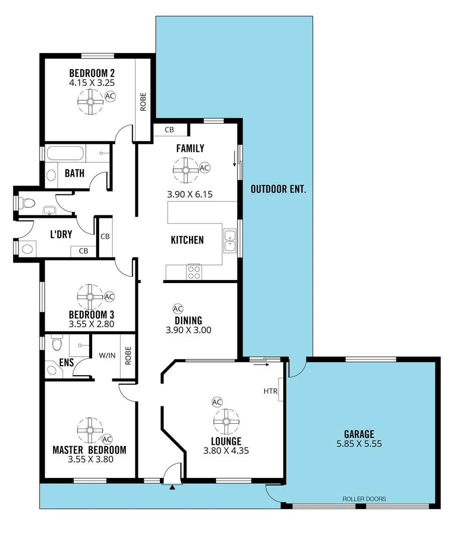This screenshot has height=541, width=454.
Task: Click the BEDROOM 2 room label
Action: [92, 72]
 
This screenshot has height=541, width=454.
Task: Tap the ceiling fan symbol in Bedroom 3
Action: [90, 298]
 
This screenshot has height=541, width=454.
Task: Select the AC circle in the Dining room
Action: [177, 309]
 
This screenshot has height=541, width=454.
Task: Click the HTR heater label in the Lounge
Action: [271, 391]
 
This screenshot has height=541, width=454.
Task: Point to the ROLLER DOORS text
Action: [364, 499]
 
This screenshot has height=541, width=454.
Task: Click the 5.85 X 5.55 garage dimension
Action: [359, 443]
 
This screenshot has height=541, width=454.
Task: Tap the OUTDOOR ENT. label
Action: [278, 189]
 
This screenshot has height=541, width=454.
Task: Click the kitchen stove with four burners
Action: [194, 272]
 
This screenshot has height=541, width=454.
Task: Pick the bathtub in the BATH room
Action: [66, 154]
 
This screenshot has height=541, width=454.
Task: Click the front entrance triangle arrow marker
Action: [172, 486]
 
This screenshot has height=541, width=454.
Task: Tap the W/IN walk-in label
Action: [106, 355]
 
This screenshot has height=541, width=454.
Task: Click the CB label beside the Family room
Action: [169, 130]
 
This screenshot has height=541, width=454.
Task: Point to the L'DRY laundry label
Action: [62, 234]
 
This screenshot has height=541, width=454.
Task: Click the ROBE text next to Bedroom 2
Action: [143, 102]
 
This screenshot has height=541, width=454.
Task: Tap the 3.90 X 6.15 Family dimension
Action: [190, 194]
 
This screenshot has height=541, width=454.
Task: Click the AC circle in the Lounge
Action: [216, 402]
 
